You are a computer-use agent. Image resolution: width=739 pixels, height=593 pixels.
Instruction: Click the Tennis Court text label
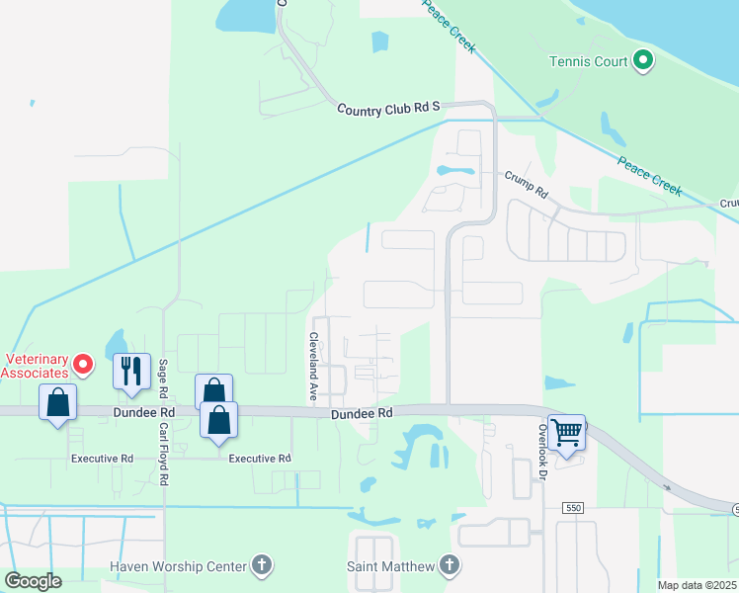point(589,62)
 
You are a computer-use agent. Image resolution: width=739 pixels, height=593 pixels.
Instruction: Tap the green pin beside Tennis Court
point(643,61)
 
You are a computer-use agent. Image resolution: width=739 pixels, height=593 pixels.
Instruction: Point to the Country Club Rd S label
point(387,108)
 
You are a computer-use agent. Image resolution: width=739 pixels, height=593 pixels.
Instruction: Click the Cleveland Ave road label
point(312,367)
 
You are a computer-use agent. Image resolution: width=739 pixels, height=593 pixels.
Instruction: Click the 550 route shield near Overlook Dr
point(574,507)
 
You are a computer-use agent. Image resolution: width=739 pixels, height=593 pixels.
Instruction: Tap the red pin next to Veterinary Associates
point(83,366)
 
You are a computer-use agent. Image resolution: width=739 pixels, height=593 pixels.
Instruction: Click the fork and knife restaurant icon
point(131,372)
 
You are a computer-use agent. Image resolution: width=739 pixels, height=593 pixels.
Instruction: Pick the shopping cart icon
point(566,432)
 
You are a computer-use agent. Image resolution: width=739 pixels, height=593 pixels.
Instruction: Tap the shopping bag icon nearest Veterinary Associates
point(58,403)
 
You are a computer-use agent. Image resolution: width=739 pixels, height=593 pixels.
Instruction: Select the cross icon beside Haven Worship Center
point(262,566)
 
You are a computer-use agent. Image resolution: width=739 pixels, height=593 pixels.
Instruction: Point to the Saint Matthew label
point(389,566)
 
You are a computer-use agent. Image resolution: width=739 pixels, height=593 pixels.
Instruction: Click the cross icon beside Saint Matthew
point(450,566)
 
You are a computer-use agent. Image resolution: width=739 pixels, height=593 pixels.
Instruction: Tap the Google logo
point(33,581)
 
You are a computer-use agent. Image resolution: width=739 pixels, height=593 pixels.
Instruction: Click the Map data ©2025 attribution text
point(697,585)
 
